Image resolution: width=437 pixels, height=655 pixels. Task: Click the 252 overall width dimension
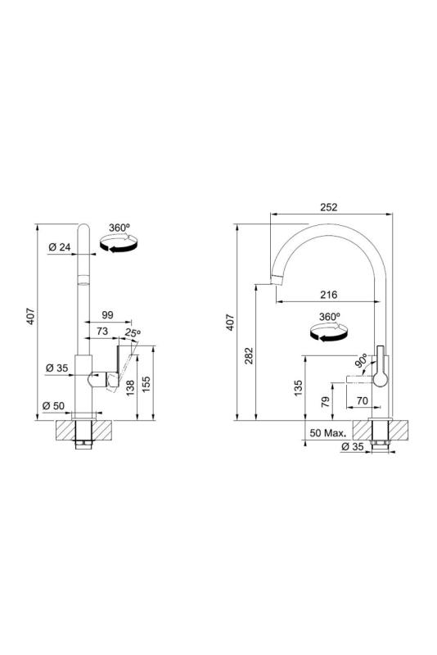point(329,208)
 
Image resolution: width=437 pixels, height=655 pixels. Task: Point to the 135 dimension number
point(297,387)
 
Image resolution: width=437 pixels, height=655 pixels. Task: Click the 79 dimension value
point(326,402)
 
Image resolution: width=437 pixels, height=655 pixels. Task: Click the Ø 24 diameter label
point(58,248)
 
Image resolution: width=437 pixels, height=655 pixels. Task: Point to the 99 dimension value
point(107,315)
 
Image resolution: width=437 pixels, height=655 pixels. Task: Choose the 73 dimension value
point(102,332)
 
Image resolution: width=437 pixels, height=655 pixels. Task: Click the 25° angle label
point(133,333)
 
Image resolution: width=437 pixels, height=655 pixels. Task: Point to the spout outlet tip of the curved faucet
point(276,280)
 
